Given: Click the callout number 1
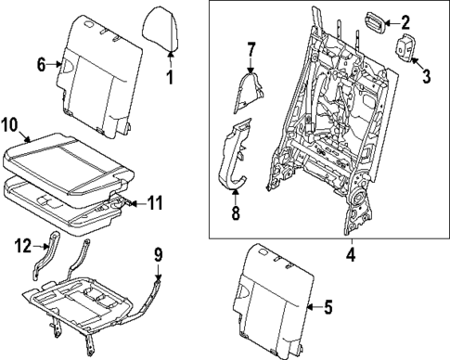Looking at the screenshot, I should pyautogui.click(x=170, y=76).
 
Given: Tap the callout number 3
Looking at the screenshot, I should pyautogui.click(x=427, y=75).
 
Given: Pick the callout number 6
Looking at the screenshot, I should pyautogui.click(x=41, y=64).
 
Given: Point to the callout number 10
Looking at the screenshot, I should pyautogui.click(x=9, y=123).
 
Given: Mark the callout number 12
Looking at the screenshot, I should pyautogui.click(x=19, y=246).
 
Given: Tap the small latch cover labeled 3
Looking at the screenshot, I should pyautogui.click(x=406, y=50).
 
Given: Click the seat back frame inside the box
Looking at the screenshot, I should pyautogui.click(x=325, y=130).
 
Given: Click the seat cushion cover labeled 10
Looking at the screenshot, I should pyautogui.click(x=70, y=150).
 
